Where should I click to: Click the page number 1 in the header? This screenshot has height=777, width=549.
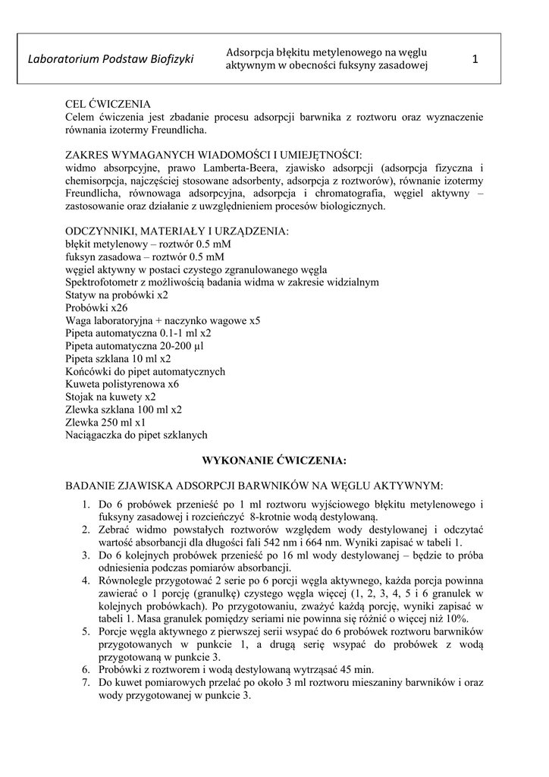[476, 58]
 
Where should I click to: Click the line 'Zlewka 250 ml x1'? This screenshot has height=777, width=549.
[105, 422]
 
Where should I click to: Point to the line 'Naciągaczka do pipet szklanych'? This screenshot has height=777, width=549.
[136, 435]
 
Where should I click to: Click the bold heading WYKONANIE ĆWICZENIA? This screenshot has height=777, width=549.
[274, 460]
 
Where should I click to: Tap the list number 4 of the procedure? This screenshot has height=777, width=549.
[86, 580]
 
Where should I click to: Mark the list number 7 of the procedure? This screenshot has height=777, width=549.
[86, 682]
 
